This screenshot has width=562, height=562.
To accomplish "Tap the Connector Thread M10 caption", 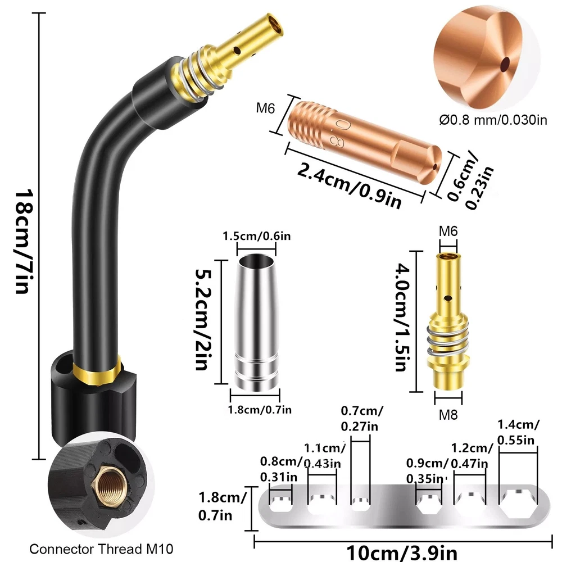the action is (x=101, y=549).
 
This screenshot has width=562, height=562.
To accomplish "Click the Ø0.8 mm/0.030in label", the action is (x=493, y=120).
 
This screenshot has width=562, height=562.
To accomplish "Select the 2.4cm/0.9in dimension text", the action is (x=350, y=185).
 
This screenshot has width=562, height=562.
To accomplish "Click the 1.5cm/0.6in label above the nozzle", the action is (x=257, y=236).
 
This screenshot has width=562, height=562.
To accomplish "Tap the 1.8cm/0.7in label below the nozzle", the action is (x=260, y=409).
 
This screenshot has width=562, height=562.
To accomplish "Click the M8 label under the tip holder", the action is (x=448, y=415).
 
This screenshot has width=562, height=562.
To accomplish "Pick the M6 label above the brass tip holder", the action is (x=448, y=231).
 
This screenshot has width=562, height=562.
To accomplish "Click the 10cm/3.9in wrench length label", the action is (x=402, y=552).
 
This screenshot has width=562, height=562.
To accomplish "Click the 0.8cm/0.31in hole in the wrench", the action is (x=281, y=504).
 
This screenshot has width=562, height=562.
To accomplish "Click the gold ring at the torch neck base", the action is (x=97, y=373).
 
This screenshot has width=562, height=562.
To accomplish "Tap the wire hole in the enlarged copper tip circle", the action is (x=505, y=65).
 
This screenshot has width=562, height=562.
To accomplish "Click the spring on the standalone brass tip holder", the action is (x=448, y=338).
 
